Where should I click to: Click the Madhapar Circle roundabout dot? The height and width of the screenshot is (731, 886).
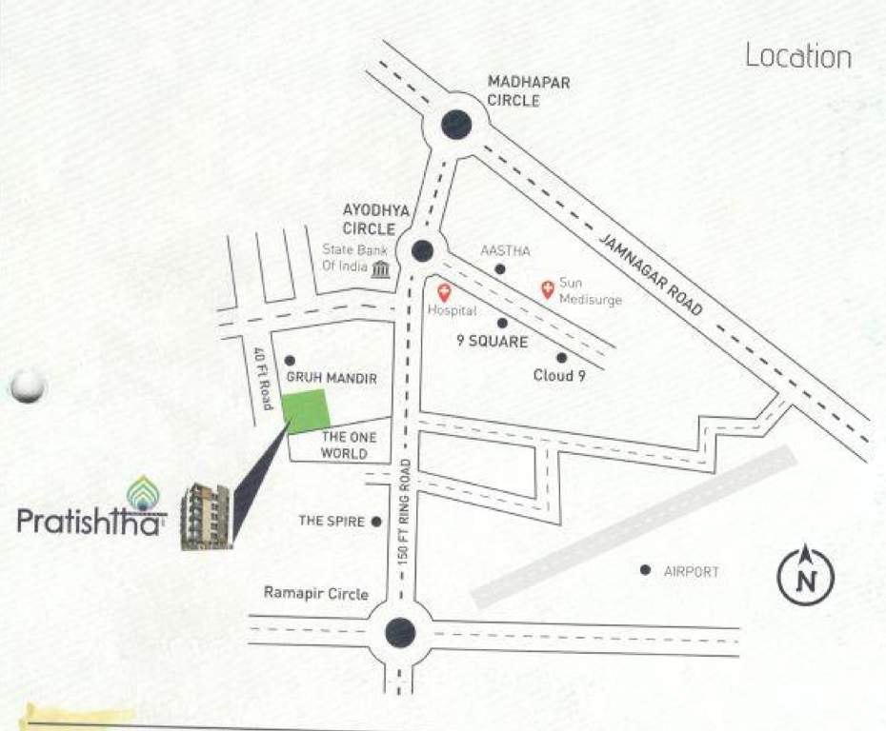[x=456, y=123]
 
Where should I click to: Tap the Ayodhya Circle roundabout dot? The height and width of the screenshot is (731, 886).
[x=422, y=250]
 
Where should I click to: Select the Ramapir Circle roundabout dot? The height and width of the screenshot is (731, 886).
[x=400, y=632]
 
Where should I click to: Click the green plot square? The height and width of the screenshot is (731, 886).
[x=307, y=412]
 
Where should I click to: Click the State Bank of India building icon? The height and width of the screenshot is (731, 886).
[x=381, y=268]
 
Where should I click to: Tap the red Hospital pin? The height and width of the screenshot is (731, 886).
[x=443, y=292]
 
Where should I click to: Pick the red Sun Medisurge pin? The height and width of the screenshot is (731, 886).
[x=547, y=287]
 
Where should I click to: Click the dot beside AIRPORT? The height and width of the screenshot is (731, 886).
[x=645, y=570]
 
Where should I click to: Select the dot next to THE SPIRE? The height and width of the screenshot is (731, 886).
[x=376, y=522]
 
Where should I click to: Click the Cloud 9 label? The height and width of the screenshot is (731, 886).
[x=558, y=376]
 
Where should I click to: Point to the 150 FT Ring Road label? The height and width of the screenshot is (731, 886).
[x=406, y=510]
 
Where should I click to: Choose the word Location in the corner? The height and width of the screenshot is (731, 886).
[x=797, y=56]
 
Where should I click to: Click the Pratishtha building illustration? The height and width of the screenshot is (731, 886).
[x=205, y=517]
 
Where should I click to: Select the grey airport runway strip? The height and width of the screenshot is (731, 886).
[x=633, y=526]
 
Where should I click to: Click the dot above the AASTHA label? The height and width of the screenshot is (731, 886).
[x=499, y=269]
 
